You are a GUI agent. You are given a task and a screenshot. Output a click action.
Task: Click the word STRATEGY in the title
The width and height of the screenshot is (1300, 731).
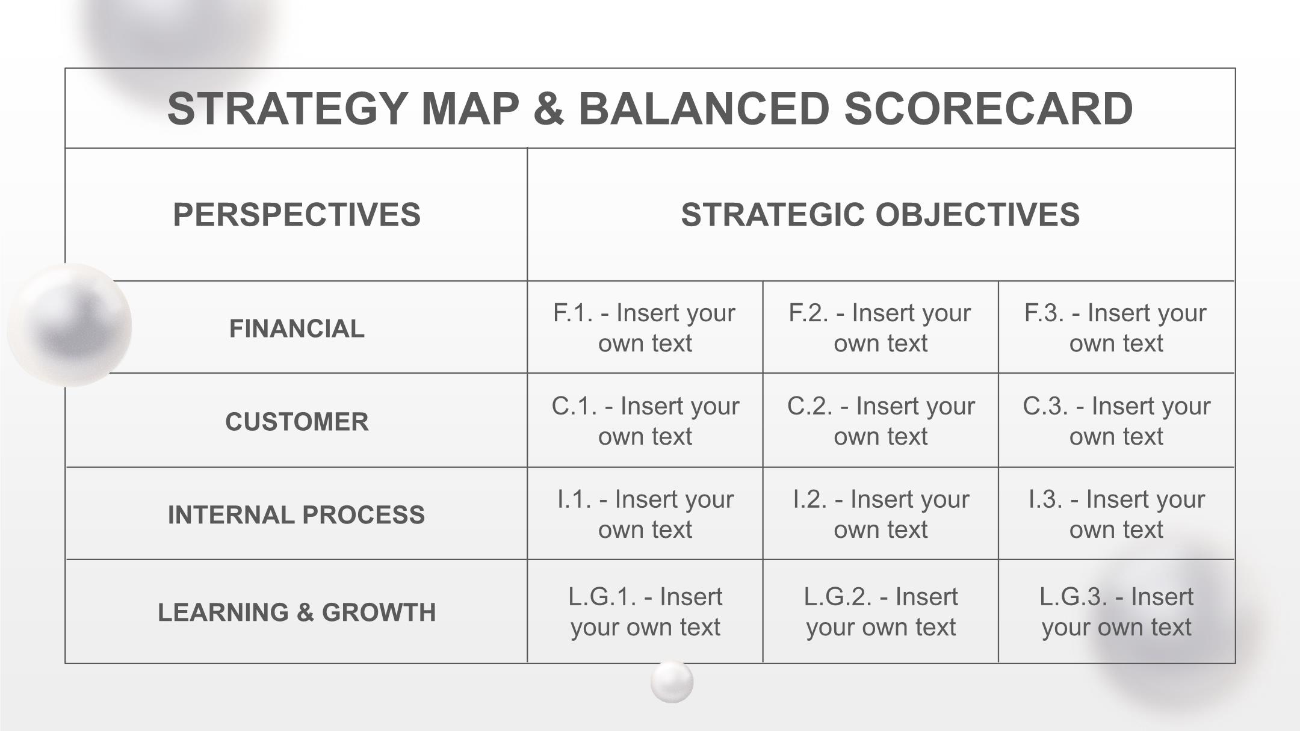[287, 109]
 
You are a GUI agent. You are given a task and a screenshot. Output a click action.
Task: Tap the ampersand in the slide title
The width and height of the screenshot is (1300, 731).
[548, 109]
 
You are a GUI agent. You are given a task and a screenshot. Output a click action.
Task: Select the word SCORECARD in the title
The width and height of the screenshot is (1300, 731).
[988, 109]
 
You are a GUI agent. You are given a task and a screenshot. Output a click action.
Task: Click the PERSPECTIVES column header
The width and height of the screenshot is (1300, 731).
[297, 215]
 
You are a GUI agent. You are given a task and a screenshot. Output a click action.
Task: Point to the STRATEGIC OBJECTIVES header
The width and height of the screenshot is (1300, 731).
[881, 215]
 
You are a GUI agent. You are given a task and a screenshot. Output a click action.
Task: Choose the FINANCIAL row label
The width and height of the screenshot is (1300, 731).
[297, 328]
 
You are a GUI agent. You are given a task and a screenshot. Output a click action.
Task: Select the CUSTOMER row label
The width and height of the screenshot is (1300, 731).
[297, 422]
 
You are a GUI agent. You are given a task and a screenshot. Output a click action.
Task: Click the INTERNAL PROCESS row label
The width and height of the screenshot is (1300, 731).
[296, 515]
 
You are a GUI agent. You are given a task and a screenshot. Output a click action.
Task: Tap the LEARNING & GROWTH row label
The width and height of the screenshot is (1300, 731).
[297, 612]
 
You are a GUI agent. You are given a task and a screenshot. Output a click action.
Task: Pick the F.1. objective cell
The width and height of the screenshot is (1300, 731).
[645, 328]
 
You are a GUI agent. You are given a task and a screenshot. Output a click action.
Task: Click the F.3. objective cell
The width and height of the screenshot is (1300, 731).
[1116, 328]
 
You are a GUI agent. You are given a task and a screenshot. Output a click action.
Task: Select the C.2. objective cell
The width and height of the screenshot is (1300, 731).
[881, 421]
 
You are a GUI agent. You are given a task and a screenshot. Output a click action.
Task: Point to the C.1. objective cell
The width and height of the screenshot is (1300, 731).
[645, 421]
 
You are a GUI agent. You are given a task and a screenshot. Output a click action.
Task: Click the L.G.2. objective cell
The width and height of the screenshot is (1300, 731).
[881, 612]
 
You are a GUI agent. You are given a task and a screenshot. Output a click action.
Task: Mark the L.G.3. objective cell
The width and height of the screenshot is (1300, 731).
[1116, 612]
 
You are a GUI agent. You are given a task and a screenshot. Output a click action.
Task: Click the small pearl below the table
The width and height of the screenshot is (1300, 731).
[672, 682]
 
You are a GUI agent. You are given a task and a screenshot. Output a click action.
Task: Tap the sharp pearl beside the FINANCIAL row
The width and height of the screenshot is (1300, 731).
[70, 325]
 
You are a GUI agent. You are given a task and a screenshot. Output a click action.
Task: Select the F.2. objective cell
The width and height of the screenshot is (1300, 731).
[880, 328]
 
